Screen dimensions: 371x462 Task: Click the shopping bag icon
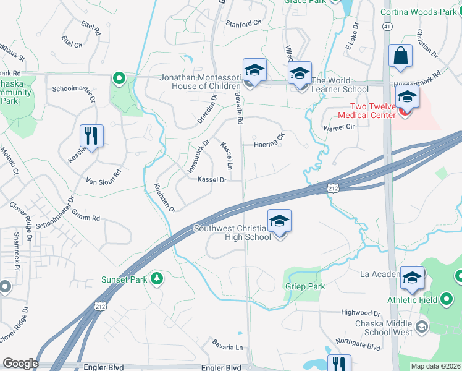tap(400, 56)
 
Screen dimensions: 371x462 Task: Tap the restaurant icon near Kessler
tap(91, 136)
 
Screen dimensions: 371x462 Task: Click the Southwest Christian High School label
tap(232, 232)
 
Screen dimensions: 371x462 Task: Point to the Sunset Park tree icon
tap(157, 279)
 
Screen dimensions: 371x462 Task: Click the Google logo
tap(20, 364)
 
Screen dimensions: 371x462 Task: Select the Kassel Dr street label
tap(212, 180)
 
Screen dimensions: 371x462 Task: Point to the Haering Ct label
tap(269, 145)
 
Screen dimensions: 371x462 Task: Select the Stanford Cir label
tap(244, 23)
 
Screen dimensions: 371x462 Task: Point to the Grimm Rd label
tap(87, 218)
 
